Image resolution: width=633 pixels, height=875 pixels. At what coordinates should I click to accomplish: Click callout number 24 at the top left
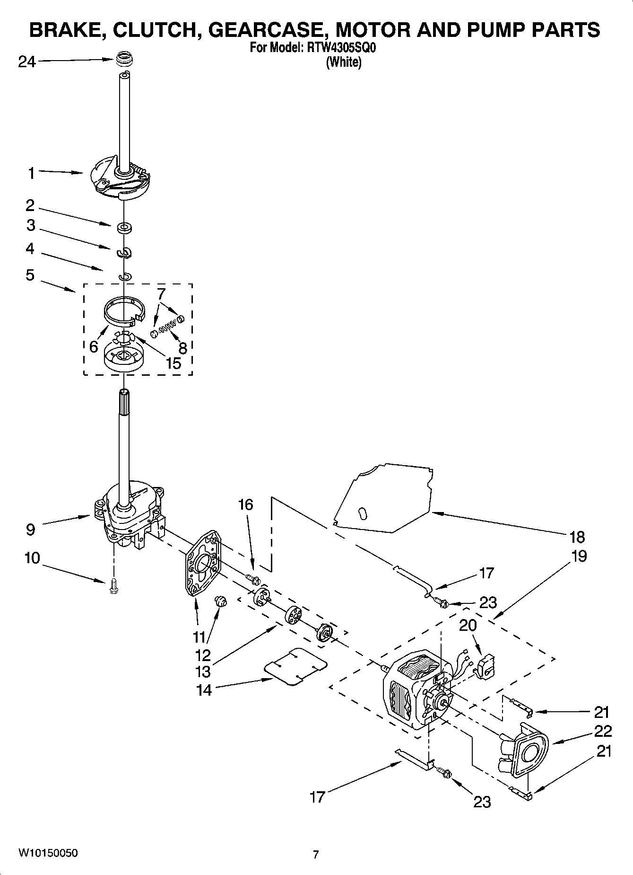tap(26, 62)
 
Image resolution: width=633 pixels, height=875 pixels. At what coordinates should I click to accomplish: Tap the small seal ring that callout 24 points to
tap(124, 61)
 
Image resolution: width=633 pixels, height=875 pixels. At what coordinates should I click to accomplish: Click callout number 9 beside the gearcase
tap(30, 529)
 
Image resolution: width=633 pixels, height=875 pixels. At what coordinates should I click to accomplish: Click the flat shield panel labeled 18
tap(383, 497)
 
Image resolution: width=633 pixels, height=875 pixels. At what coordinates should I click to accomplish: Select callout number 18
tap(577, 537)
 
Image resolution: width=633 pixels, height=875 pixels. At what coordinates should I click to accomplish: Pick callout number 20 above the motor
tap(468, 625)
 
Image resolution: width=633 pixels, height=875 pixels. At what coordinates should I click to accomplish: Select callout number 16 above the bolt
tap(245, 504)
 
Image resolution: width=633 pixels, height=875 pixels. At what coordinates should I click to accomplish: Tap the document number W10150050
tap(48, 853)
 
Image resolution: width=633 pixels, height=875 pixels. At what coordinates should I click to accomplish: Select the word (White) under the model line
tap(344, 62)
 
